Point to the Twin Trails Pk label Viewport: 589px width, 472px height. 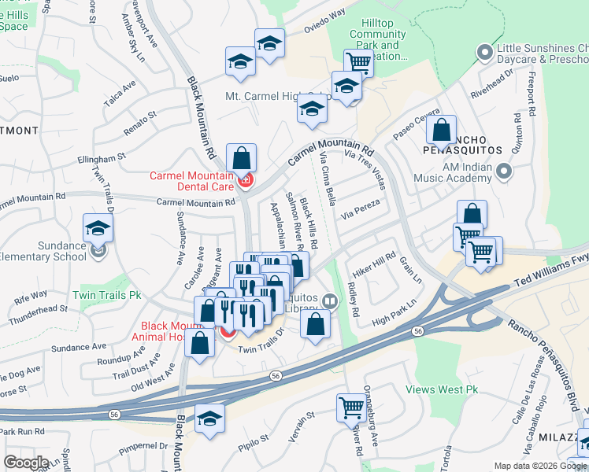(x=106, y=296)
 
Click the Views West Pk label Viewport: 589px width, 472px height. (x=442, y=389)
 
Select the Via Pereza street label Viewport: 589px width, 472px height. (x=361, y=209)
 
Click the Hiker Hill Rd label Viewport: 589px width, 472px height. (x=374, y=263)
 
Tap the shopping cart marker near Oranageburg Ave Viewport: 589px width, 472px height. (x=350, y=407)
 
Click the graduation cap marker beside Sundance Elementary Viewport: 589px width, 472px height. (x=98, y=228)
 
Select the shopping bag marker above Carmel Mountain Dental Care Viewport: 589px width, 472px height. (x=240, y=156)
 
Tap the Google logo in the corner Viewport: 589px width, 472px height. (x=26, y=463)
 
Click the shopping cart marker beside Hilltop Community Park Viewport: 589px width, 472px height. (x=358, y=61)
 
